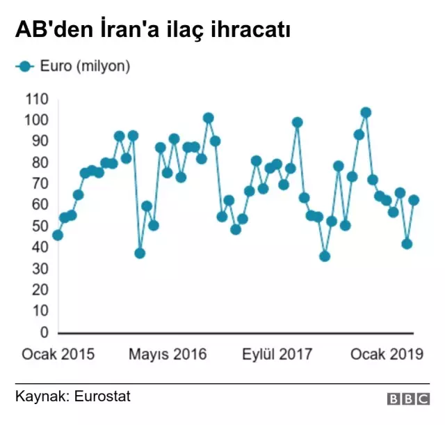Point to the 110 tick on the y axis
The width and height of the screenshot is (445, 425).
(x=36, y=99)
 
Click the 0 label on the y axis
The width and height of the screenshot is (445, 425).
(x=44, y=332)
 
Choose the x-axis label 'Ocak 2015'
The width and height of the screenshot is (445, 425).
(x=58, y=355)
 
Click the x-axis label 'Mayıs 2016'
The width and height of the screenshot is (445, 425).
(x=168, y=355)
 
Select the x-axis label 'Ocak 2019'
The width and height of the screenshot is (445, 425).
(x=387, y=355)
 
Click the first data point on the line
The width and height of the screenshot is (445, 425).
(x=58, y=235)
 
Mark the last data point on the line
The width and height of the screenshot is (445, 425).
(x=414, y=200)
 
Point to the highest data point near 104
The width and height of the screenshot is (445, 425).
(x=366, y=112)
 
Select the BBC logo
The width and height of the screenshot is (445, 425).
(x=408, y=399)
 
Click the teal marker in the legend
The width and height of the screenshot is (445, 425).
(x=24, y=67)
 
